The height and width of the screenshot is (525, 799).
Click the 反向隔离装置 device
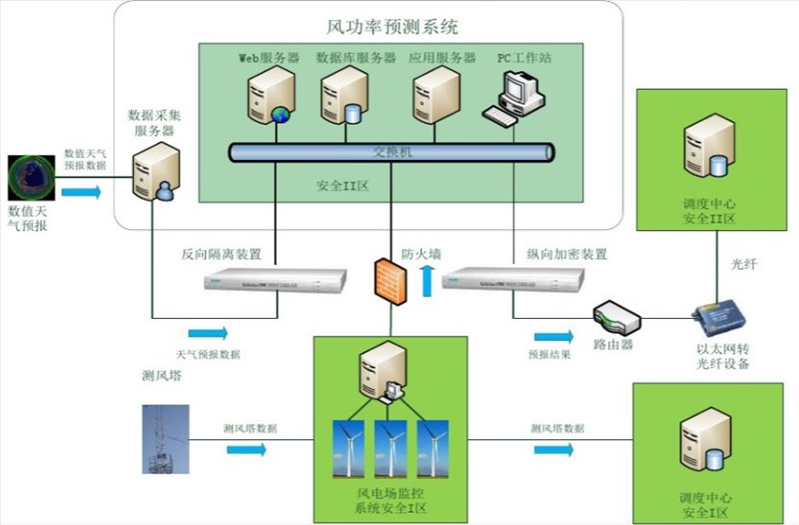click(x=275, y=278)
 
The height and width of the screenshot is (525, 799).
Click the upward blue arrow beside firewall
click(x=427, y=278)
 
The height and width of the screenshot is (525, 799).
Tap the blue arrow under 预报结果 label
click(x=552, y=336)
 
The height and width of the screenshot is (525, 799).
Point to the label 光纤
click(x=744, y=265)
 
